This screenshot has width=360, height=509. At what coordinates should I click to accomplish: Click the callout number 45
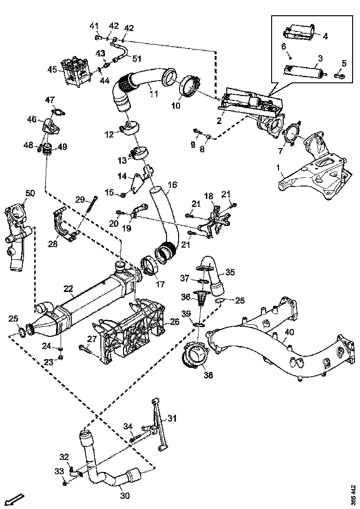tap(52, 70)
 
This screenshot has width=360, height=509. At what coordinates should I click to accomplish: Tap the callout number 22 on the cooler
tap(68, 289)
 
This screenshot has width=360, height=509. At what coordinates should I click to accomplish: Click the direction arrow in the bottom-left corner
tap(14, 499)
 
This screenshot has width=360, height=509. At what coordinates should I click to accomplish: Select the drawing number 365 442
tap(354, 494)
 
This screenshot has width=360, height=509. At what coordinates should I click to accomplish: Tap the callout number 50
tap(30, 192)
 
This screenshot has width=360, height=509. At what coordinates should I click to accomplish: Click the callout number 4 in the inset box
tap(325, 36)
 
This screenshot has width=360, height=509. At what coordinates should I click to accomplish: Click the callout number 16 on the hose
tap(172, 185)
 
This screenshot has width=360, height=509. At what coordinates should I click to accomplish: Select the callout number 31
tap(172, 418)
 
